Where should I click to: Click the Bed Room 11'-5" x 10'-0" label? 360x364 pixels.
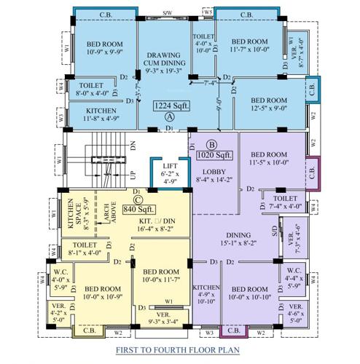[x=269, y=159]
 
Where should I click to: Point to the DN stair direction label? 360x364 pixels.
[x=133, y=146]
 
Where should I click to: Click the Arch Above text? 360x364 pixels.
[x=106, y=211]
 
